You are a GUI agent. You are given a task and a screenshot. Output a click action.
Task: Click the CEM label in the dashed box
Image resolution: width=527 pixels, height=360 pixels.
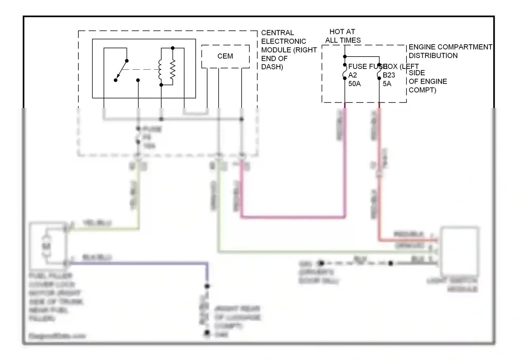coord(225,56)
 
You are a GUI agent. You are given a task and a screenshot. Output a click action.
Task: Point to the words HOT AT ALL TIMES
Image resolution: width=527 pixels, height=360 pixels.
coord(343,36)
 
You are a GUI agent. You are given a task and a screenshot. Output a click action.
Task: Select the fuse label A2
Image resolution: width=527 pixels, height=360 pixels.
coord(353,75)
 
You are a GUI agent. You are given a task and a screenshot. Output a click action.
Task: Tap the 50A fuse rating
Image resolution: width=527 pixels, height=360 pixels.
coord(354,84)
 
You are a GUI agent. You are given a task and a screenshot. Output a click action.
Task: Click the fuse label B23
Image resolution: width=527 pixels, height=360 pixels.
coord(389,75)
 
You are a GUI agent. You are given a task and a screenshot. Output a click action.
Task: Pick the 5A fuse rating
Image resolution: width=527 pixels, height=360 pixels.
coord(387,84)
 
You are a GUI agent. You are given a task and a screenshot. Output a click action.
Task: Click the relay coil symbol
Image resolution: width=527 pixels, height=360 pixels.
coord(160,69)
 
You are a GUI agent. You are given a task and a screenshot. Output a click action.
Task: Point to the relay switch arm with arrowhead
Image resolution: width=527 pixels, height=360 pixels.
coord(122,70)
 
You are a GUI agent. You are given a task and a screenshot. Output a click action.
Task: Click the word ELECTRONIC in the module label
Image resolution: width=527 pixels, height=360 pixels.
coord(284,41)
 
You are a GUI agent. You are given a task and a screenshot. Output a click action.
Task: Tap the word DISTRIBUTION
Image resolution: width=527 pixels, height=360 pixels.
coord(433,56)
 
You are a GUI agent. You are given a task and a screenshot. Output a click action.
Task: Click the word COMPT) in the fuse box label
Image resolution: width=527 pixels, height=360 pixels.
coord(422,90)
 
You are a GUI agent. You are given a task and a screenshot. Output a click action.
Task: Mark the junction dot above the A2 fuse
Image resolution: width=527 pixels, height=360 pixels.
coord(345,57)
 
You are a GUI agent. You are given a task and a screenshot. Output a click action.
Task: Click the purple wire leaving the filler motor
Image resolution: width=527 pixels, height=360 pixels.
coord(141,263)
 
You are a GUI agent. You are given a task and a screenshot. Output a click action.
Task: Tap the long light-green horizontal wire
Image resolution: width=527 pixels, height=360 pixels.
coord(316,252)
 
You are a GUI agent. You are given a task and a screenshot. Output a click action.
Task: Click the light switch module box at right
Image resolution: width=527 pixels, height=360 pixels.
coord(460,251)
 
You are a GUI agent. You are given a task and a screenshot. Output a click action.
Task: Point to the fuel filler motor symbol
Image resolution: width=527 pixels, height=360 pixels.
coord(46,246)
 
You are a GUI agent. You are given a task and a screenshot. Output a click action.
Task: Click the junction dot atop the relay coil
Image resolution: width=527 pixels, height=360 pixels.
coord(173,48)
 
